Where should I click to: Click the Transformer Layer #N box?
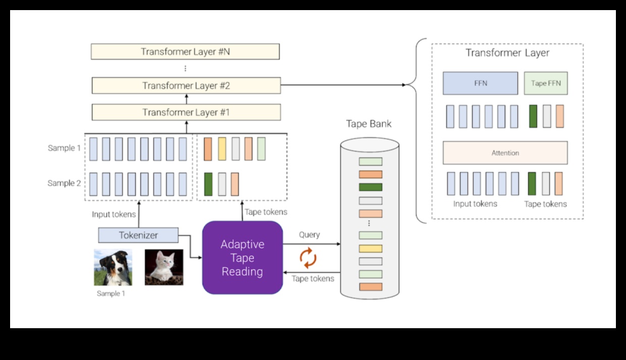(x=185, y=52)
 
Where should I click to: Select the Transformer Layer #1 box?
(x=186, y=112)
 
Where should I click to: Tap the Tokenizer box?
(x=138, y=235)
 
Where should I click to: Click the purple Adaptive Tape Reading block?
(x=242, y=258)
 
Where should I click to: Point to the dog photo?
(x=113, y=268)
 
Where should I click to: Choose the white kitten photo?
(x=164, y=267)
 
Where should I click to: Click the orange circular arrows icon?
(x=308, y=258)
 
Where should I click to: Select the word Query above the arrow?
(x=309, y=235)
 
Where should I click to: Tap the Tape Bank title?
(x=369, y=124)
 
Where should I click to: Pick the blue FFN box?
(x=480, y=83)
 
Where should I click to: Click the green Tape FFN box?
(x=546, y=83)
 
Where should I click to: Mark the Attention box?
(x=505, y=153)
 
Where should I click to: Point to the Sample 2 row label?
(x=64, y=183)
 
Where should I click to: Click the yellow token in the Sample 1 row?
(x=222, y=149)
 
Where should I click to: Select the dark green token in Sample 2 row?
(x=208, y=184)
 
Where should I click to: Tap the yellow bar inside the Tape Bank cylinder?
(x=371, y=248)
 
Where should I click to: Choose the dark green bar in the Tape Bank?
(x=371, y=187)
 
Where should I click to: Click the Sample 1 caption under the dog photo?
(x=109, y=293)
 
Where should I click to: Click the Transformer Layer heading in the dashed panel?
(x=507, y=53)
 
